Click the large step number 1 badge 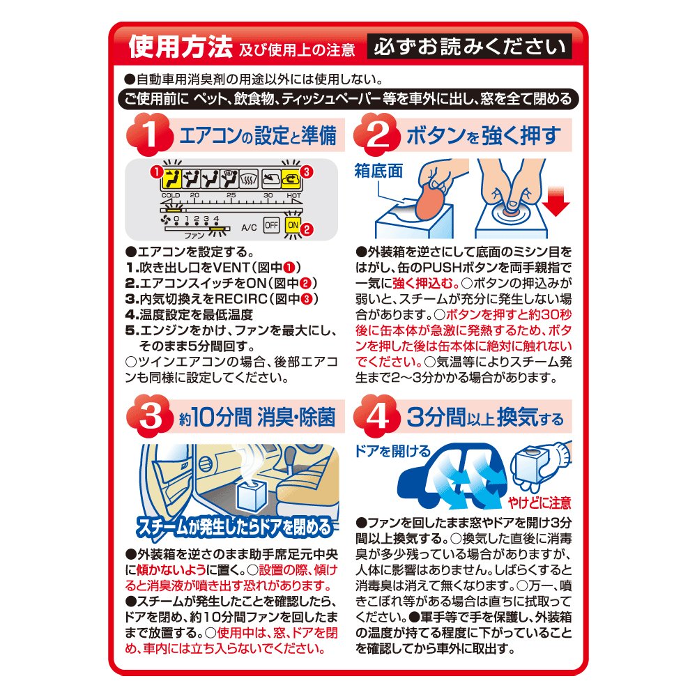coord(150,135)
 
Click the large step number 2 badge coord(377,135)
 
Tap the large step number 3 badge coord(150,416)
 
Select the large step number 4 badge coord(377,416)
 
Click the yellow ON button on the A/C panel coord(293,225)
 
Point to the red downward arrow coord(556,202)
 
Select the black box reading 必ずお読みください coord(469,46)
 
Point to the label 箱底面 coord(378,171)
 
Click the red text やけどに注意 coord(540,503)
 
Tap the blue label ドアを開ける coord(393,451)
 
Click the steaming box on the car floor coord(252,496)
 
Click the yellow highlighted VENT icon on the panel coord(171,179)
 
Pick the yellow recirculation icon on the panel coord(291,179)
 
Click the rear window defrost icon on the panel coord(250,179)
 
